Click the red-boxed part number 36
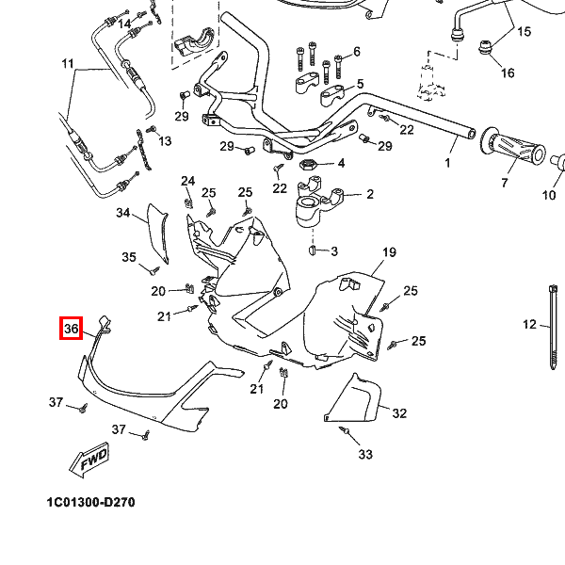(70, 330)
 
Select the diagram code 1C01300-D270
(90, 502)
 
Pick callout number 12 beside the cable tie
(529, 325)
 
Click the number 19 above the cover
(389, 253)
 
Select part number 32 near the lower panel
(399, 413)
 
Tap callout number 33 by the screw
(365, 455)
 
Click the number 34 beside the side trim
(123, 213)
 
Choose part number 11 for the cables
(67, 64)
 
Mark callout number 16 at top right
(507, 73)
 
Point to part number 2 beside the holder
(369, 195)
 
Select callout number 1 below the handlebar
(447, 163)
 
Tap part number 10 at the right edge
(549, 196)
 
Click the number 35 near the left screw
(130, 257)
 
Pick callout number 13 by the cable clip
(165, 141)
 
